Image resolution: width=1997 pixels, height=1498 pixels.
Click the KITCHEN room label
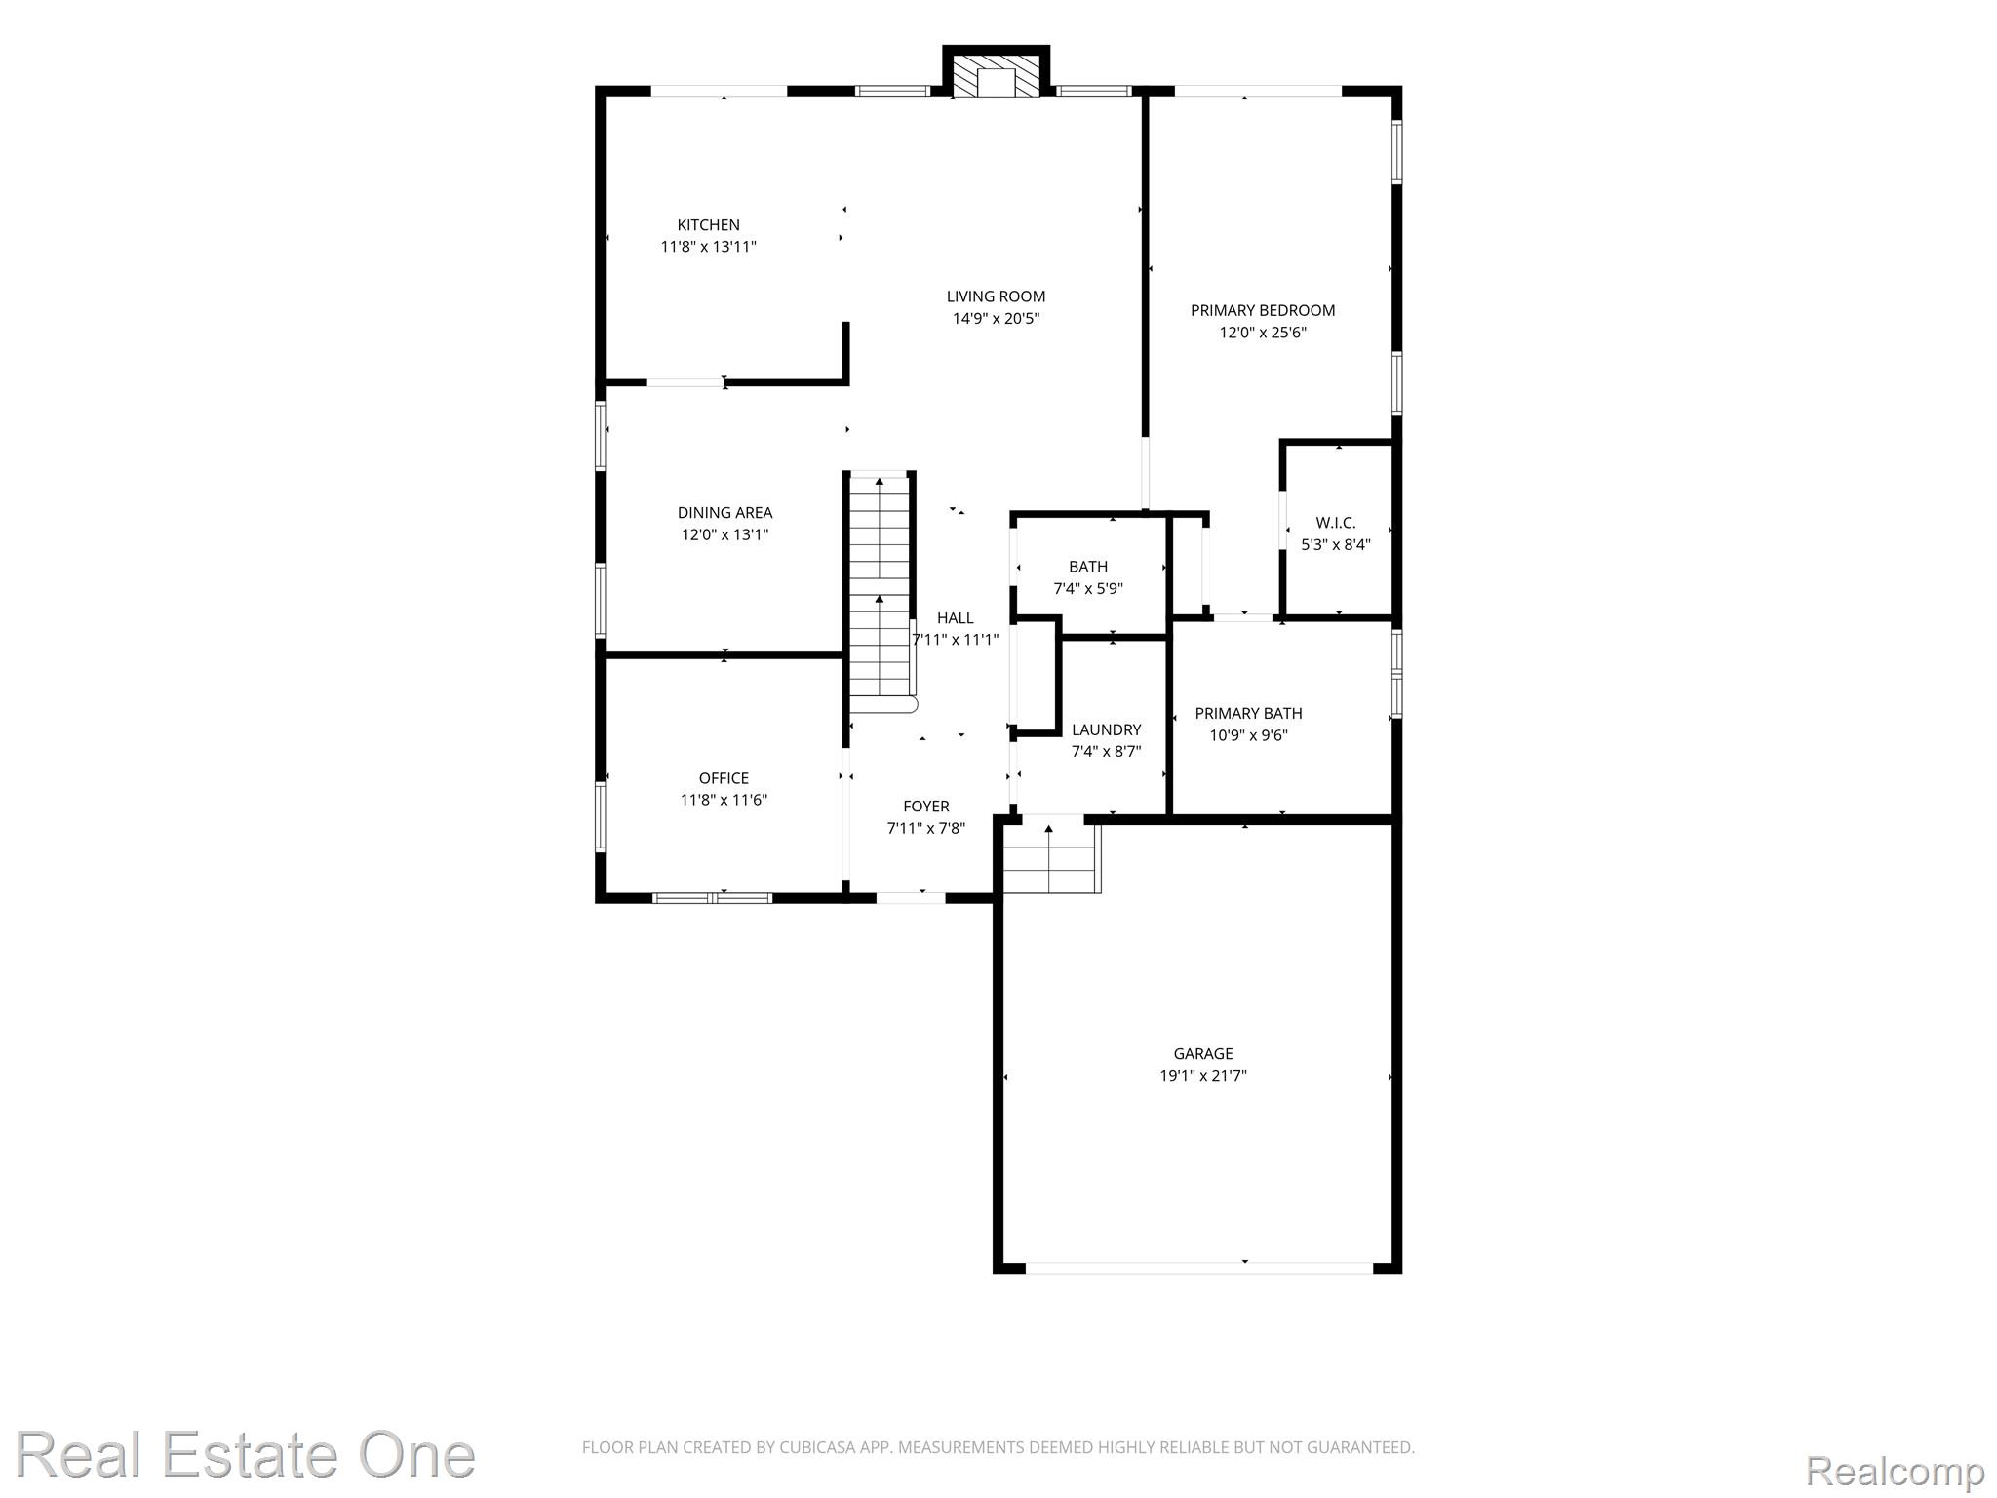point(709,225)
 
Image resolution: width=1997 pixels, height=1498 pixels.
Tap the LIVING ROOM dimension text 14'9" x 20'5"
point(996,318)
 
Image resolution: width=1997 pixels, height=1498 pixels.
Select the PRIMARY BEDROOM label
point(1263,310)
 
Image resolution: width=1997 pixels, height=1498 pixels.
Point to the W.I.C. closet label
point(1335,523)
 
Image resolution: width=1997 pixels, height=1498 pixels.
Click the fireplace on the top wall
point(997,71)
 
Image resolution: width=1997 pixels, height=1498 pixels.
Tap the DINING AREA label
point(724,512)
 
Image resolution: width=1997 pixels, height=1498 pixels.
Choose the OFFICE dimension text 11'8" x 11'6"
point(724,800)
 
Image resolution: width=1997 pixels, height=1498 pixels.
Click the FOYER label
point(925,806)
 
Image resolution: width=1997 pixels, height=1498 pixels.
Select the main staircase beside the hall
point(881,594)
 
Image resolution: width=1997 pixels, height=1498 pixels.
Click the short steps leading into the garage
point(1050,857)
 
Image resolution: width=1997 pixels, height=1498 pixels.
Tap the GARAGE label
point(1203,1053)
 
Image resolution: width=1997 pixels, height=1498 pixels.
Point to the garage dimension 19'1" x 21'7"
point(1203,1076)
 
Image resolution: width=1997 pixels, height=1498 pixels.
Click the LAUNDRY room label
point(1106,729)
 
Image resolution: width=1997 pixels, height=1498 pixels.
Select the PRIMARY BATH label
point(1248,713)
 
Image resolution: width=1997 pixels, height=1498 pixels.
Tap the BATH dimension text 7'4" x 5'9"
point(1088,589)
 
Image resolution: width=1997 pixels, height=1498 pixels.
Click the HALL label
point(955,617)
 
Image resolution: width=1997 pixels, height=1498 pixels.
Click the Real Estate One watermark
point(246,1455)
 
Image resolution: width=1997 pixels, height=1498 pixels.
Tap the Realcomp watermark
point(1895,1470)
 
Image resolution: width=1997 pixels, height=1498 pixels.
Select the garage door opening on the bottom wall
point(1199,1268)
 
